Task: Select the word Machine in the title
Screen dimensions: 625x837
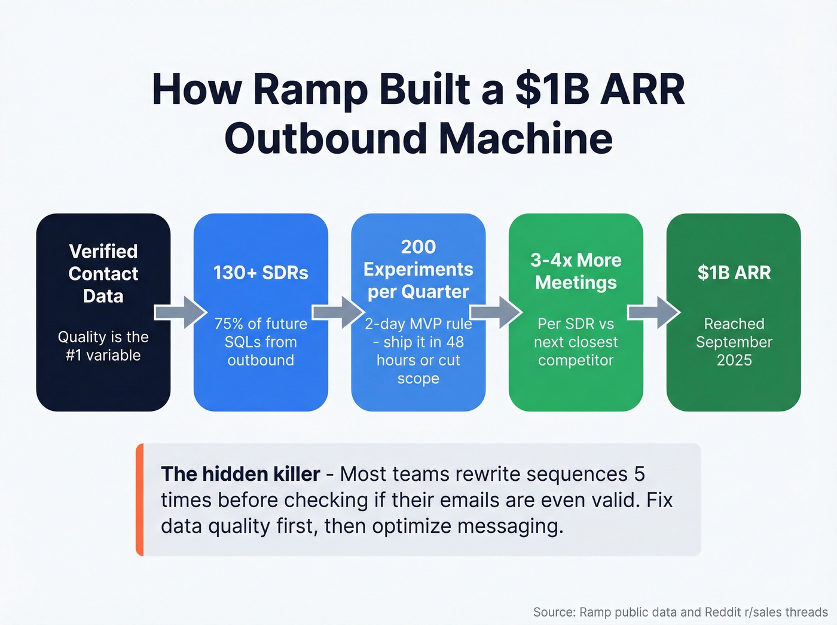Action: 526,139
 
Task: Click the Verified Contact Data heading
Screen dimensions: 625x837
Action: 103,273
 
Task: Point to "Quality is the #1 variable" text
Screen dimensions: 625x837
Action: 103,346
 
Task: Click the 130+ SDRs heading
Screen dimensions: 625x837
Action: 261,273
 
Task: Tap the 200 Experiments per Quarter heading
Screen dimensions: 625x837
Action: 418,269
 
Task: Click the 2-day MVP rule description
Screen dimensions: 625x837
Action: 418,350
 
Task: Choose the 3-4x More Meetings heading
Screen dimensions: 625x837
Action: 576,271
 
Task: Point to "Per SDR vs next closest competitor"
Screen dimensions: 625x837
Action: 576,342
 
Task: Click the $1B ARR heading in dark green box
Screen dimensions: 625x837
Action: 734,273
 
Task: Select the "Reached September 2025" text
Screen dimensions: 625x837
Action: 734,342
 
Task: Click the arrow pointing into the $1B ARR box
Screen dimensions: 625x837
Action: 653,312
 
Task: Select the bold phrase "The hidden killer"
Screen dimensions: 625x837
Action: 240,474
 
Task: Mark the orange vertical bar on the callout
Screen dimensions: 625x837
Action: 140,499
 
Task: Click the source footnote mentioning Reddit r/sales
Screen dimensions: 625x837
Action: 680,612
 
